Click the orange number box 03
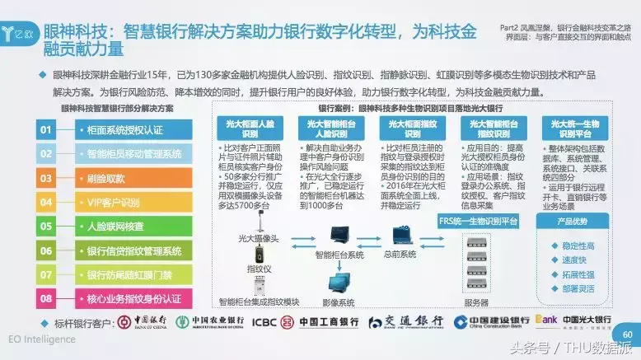(x=46, y=178)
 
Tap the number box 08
(x=46, y=297)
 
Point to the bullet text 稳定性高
(x=578, y=245)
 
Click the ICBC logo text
(x=268, y=321)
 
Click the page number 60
(x=628, y=334)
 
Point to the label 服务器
(x=476, y=302)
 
